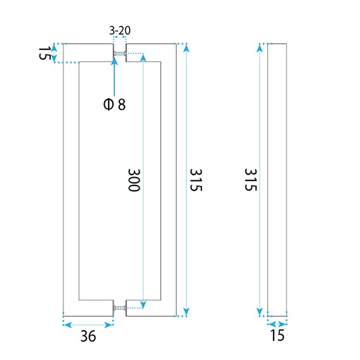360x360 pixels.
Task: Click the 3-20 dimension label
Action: pos(120,30)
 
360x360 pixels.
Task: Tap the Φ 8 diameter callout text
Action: pos(114,105)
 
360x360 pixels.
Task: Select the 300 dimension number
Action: pos(134,180)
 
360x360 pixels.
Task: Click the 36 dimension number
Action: pos(88,337)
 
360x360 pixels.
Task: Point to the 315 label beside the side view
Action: pos(251,180)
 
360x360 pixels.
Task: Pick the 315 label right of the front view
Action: pos(196,180)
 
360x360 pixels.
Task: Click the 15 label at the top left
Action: pos(44,53)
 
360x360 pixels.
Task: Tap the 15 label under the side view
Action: pos(277,335)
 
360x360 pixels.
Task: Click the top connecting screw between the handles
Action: pos(119,53)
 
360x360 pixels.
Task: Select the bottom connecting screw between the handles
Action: pos(119,308)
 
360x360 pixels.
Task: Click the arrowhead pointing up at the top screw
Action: pos(114,60)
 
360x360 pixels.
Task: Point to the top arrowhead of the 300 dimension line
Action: pos(143,57)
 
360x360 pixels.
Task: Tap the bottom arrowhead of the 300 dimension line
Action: pos(143,304)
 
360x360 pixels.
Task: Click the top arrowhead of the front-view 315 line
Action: pos(187,48)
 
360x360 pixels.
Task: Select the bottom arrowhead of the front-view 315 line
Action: pos(187,312)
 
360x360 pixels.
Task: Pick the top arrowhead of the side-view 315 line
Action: pos(260,48)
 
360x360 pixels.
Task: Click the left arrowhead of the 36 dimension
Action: pos(67,325)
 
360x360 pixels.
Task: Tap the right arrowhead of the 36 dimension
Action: pos(109,325)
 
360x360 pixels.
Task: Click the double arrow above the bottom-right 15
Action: pos(277,324)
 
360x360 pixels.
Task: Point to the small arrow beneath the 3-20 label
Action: pos(119,37)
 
